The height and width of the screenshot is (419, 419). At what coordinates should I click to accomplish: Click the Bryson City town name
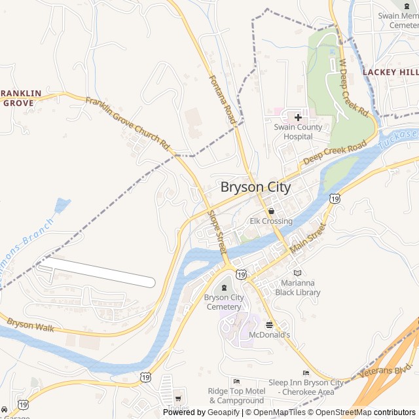coord(255,187)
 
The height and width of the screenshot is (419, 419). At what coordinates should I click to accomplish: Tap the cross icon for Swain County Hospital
coord(298,117)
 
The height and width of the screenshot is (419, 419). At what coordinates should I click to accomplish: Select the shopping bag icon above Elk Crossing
coord(271,211)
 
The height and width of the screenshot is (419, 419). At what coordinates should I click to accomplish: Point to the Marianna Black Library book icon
coord(298,272)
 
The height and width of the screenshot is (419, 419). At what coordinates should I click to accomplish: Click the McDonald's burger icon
coord(269,324)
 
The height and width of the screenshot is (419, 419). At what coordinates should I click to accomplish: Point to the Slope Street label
coord(217,232)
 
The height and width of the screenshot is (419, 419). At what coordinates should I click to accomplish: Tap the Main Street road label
coord(307,240)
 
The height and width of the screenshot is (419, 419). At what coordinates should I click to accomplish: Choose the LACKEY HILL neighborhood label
coord(390,71)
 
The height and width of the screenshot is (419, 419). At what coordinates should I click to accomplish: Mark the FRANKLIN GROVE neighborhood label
coord(21,98)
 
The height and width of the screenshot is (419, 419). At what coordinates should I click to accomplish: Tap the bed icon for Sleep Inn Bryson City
coord(305,373)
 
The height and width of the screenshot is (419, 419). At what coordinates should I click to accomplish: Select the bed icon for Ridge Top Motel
coord(236,381)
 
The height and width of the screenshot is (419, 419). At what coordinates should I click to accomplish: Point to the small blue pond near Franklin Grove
coord(62,205)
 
